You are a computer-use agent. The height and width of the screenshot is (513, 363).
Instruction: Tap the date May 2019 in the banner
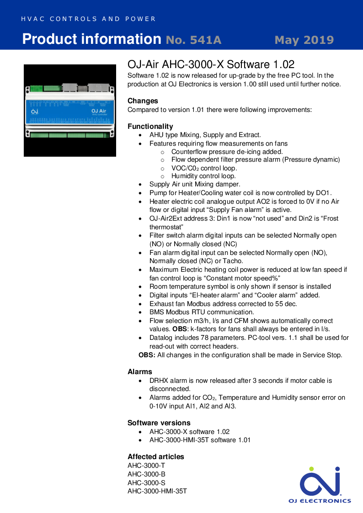(x=304, y=40)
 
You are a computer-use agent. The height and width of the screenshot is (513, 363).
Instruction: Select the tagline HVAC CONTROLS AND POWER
(x=89, y=19)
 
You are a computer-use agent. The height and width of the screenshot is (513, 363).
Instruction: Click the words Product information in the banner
(x=91, y=39)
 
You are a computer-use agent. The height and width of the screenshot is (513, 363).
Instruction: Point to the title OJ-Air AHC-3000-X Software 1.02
(x=211, y=64)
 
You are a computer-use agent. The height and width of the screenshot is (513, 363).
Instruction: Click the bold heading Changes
(x=143, y=100)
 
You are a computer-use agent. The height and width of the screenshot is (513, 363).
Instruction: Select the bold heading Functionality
(x=150, y=126)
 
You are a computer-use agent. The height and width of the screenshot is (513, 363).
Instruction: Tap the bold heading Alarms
(x=139, y=371)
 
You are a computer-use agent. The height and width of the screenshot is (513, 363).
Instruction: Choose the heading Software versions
(x=159, y=423)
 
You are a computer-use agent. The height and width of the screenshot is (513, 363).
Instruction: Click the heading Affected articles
(x=155, y=456)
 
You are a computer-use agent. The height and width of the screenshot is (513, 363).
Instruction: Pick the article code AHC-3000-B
(x=146, y=474)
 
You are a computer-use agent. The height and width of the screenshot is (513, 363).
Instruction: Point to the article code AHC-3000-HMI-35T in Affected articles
(x=157, y=491)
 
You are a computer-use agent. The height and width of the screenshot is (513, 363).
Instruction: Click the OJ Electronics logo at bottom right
(x=320, y=485)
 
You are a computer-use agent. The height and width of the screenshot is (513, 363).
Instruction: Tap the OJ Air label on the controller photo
(x=99, y=111)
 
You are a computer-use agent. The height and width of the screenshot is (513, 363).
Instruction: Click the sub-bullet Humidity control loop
(x=203, y=176)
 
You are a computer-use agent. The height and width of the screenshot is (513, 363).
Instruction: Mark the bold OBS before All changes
(x=147, y=354)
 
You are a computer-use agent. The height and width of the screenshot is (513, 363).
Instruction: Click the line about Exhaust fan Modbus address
(x=223, y=303)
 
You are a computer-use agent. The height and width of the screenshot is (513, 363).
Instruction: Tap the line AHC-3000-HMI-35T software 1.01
(x=200, y=440)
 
